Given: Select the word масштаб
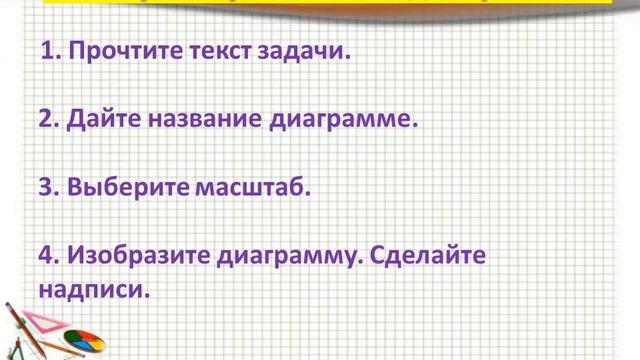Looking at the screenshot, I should point(254,187).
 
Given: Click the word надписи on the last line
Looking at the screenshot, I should point(88,291).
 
